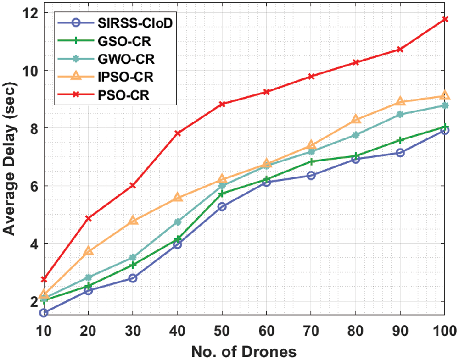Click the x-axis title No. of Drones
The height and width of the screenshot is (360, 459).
[x=243, y=351]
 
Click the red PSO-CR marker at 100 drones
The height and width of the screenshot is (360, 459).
[x=445, y=19]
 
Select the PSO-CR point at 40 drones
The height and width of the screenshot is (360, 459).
[x=178, y=133]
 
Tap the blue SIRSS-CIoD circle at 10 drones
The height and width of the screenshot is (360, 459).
[x=44, y=313]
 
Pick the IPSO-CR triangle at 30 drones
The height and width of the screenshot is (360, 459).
[x=133, y=220]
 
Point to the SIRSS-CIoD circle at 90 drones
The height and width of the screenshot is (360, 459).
[x=400, y=153]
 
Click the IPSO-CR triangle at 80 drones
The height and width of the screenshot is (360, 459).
[x=356, y=119]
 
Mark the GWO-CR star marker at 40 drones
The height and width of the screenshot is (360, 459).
[x=178, y=222]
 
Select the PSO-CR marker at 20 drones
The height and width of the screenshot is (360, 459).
[x=89, y=218]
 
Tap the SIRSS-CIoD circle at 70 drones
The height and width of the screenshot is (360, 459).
[x=311, y=175]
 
